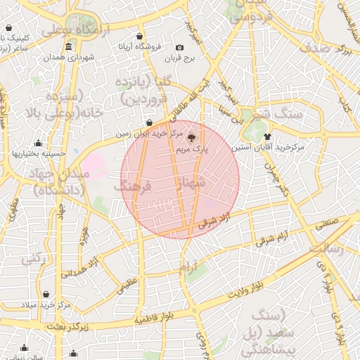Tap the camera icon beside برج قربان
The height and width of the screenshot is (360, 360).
(188, 46)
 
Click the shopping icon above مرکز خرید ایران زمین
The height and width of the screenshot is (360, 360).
(148, 122)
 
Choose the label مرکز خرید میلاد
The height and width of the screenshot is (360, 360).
(46, 305)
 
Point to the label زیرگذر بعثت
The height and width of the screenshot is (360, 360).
(65, 326)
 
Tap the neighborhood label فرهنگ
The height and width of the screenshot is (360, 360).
(133, 187)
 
